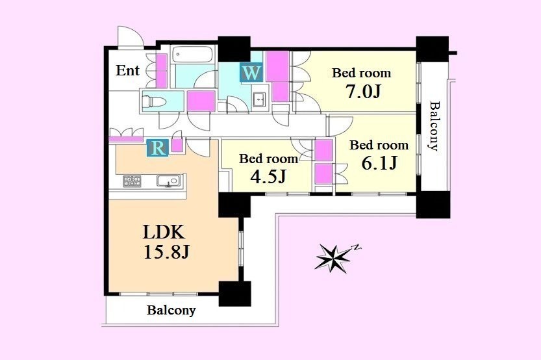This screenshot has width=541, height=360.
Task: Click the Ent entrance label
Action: (x=128, y=70)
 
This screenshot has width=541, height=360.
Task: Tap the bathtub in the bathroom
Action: (x=192, y=55)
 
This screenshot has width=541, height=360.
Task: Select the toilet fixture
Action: (x=154, y=101)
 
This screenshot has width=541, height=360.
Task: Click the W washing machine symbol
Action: (x=251, y=73)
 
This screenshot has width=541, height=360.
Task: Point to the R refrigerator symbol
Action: (x=158, y=148)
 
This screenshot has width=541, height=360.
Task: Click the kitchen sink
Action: (x=168, y=181)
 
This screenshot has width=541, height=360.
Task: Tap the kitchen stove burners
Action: (x=132, y=181)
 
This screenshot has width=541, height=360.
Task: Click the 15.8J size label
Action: (x=166, y=253)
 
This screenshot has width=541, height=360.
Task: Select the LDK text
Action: (x=164, y=232)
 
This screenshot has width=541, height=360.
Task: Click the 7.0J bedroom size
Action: (x=364, y=92)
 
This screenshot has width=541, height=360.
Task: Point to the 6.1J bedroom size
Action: (x=379, y=162)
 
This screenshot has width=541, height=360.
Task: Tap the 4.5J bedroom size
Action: (x=268, y=176)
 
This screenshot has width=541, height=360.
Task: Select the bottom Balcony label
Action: (x=171, y=310)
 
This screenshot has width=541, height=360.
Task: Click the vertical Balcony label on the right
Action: (x=434, y=126)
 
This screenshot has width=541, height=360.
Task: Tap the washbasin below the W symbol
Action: (x=259, y=101)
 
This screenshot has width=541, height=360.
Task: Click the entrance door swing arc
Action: (x=130, y=32)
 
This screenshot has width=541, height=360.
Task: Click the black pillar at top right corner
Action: (x=432, y=48)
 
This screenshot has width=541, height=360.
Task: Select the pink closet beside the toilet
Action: (x=201, y=101)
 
